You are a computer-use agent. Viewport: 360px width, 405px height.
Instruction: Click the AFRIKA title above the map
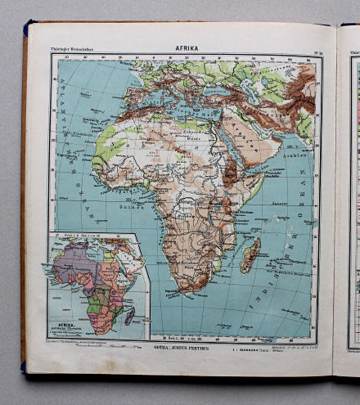point(187,48)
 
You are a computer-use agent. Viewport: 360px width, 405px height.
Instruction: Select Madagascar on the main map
point(251,254)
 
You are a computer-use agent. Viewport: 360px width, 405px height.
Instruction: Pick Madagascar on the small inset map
point(128,315)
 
